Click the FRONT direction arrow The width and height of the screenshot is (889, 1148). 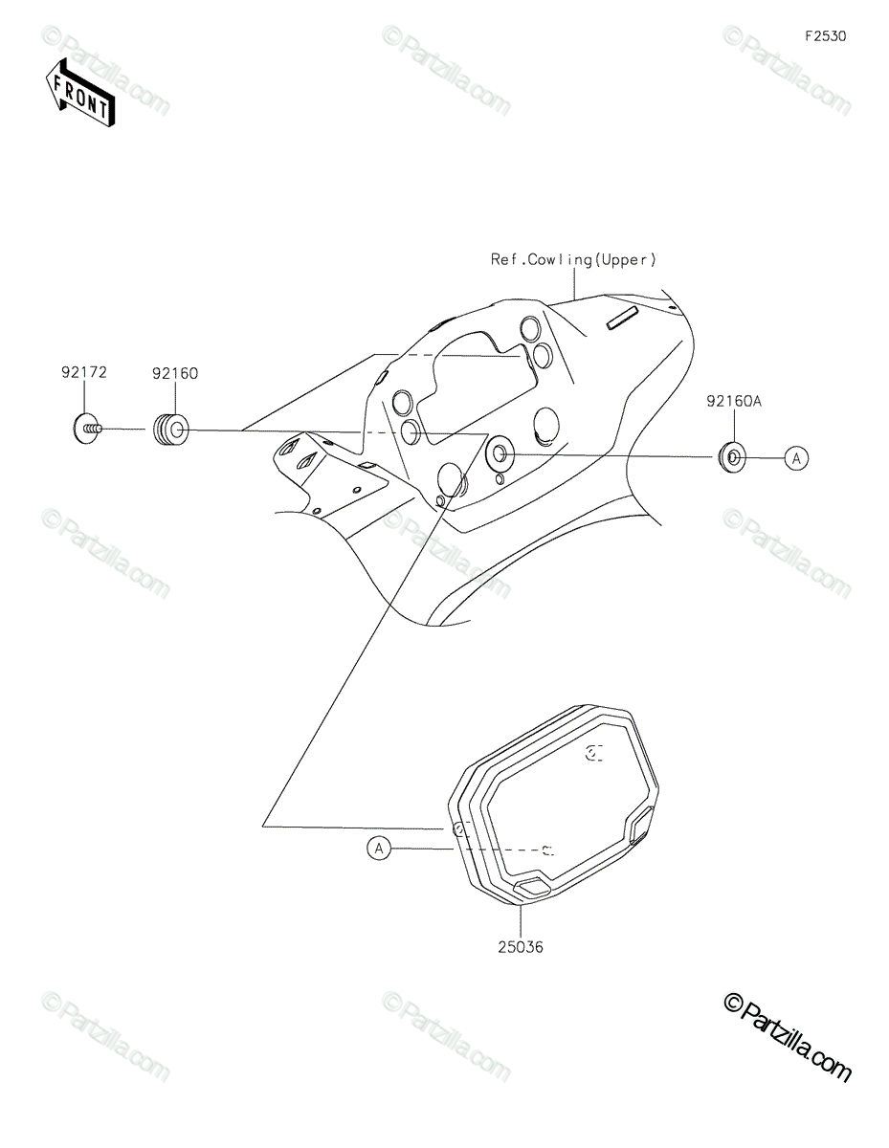click(x=79, y=94)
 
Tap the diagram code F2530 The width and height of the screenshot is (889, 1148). click(x=826, y=36)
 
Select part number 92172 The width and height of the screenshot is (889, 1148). click(x=84, y=372)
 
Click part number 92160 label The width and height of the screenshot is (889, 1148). click(x=175, y=373)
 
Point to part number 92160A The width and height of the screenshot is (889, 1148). click(x=734, y=402)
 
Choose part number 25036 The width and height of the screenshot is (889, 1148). click(x=521, y=947)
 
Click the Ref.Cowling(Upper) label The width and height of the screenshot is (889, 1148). click(x=573, y=259)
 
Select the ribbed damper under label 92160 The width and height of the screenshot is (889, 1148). click(x=169, y=430)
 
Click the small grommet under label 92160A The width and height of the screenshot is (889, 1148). click(x=732, y=456)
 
